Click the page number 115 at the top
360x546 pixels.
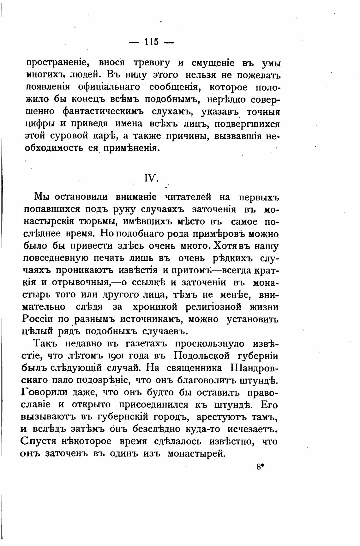coord(152,42)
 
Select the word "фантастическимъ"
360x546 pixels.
coord(103,112)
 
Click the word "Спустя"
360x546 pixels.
coord(37,441)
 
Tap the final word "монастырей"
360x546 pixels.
coord(196,454)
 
